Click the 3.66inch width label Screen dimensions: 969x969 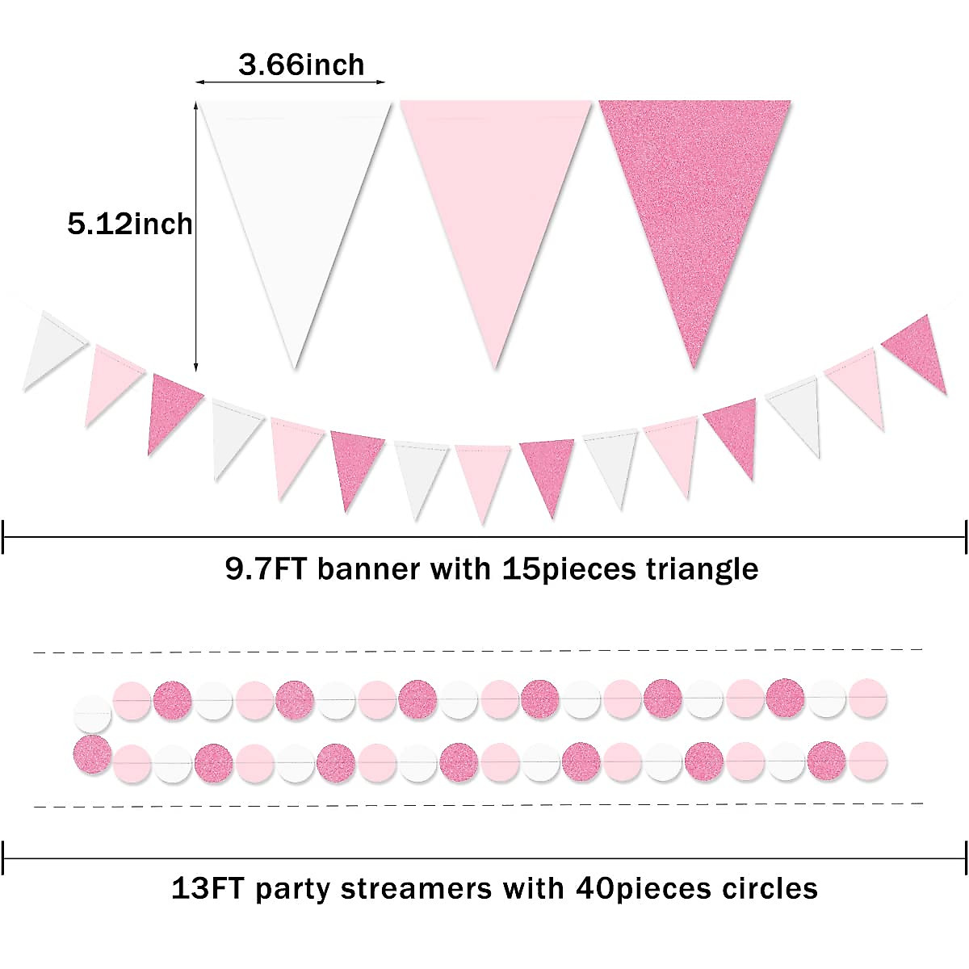point(301,65)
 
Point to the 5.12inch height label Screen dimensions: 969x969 point(130,224)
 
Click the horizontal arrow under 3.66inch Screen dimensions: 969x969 point(291,82)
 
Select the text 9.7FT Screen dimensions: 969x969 point(266,569)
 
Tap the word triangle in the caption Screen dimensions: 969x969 point(702,569)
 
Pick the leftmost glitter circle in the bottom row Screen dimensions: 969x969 point(91,753)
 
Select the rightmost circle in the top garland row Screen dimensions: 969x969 point(867,697)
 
